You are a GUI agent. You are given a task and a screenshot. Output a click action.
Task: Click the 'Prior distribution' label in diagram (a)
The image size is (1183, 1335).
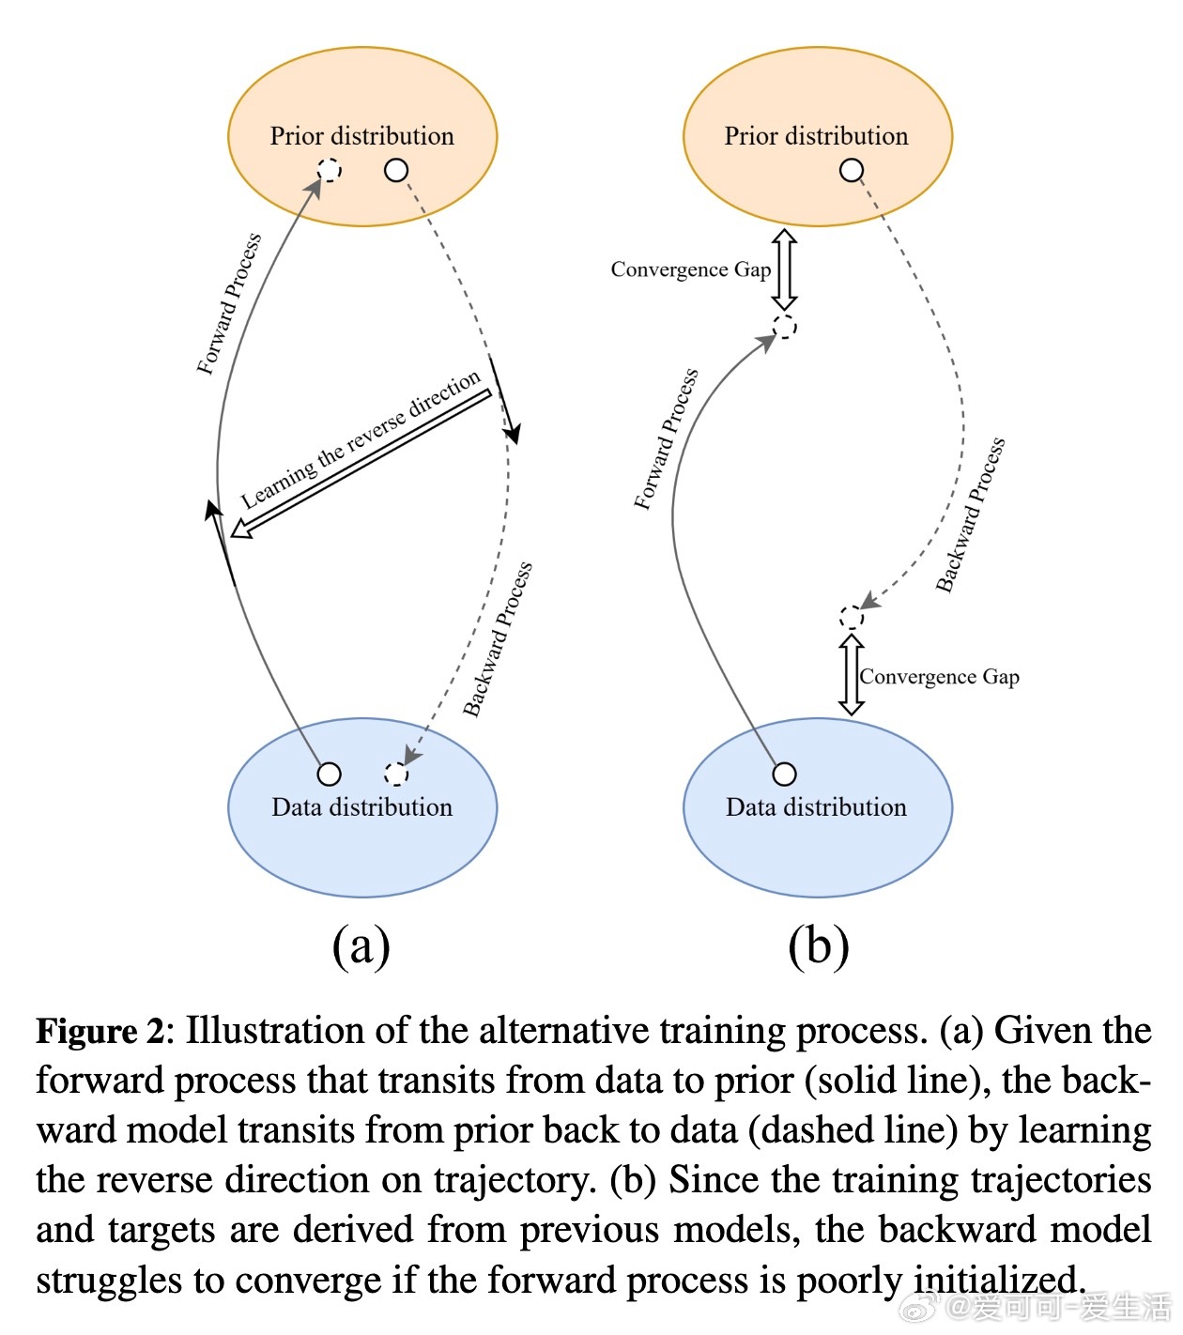coord(361,136)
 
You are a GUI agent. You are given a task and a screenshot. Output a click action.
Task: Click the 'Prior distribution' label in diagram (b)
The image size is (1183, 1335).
coord(816,136)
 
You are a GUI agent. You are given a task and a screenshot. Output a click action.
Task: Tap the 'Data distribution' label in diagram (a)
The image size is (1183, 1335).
coord(361,806)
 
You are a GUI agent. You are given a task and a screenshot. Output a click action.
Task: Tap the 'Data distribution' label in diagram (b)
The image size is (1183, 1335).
coord(816,806)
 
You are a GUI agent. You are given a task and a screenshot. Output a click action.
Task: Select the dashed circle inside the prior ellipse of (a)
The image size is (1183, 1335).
coord(329,170)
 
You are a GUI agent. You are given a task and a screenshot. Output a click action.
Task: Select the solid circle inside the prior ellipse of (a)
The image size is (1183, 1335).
coord(395,170)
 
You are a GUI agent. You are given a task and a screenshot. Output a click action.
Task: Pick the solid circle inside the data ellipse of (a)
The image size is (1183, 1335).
coord(329,774)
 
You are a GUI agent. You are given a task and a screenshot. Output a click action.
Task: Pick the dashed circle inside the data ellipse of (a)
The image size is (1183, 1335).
coord(395,774)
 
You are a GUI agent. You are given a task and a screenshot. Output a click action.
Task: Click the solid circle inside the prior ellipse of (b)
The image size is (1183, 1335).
coord(851,170)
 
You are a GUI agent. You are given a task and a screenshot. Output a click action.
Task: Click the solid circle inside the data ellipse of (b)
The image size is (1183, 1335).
coord(784,774)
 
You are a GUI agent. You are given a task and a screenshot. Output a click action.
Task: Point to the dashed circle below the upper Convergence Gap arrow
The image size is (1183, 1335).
coord(784,326)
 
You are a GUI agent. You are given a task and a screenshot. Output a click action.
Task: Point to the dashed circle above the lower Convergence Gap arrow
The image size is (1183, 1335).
coord(851,618)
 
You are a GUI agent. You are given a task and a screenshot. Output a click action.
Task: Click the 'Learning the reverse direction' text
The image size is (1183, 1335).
coord(360,439)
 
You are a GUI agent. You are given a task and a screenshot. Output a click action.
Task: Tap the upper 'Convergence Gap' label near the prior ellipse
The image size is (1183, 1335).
coord(691,269)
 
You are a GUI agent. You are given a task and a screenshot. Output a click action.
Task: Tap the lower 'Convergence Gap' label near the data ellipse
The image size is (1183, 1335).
coord(939,677)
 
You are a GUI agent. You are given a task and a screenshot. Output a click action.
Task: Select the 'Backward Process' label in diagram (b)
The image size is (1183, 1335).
coord(970,514)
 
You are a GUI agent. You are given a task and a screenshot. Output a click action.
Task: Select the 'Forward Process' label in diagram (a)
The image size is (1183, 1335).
coord(229,304)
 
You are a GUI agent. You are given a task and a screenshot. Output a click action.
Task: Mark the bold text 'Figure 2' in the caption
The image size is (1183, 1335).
coord(100,1031)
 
